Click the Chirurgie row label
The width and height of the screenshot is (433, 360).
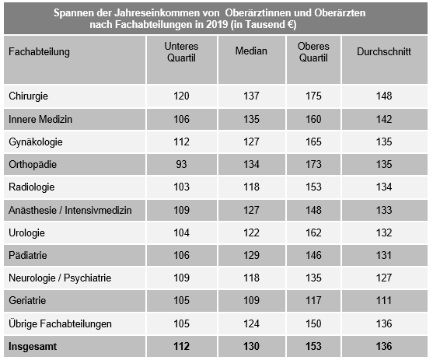pos(29,96)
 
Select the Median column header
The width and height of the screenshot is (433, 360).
pos(251,51)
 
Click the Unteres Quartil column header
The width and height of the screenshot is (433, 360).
pos(181,51)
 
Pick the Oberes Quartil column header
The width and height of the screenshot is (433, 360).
pos(313,51)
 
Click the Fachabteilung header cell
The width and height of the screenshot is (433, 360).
pos(39,51)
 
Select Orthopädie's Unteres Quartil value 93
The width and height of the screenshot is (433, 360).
pos(181,165)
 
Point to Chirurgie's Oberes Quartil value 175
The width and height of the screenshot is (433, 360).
pos(313,96)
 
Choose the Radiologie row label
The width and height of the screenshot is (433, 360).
pos(31,187)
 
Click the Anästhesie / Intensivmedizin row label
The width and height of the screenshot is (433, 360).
pos(70,210)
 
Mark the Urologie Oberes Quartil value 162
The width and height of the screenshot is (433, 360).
pos(313,232)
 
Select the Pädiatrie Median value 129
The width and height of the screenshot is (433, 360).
pos(251,255)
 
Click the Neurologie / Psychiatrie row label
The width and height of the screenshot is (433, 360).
pos(60,278)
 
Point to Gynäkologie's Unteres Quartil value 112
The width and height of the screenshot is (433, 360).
pos(181,142)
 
